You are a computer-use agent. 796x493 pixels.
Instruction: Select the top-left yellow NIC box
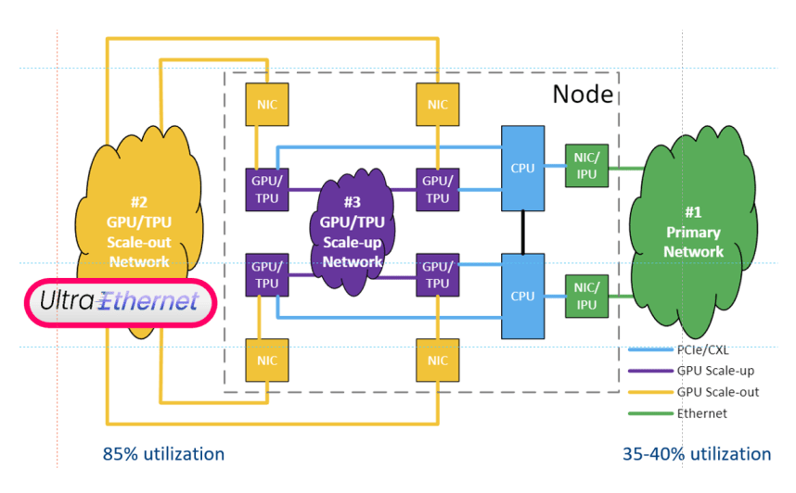(266, 105)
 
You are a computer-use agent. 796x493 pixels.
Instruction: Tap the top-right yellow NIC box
(437, 105)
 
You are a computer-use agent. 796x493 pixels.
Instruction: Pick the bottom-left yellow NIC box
(266, 360)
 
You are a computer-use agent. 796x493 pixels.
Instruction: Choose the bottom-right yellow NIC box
(437, 360)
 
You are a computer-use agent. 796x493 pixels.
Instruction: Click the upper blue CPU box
(523, 168)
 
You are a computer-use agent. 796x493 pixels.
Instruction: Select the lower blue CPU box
(523, 296)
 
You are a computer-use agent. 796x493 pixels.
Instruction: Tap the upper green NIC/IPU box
(586, 167)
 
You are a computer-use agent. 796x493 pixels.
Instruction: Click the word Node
(582, 93)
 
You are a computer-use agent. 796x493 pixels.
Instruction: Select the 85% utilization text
(162, 454)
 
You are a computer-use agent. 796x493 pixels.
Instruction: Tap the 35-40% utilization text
(697, 454)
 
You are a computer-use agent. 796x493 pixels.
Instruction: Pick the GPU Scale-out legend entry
(714, 393)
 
